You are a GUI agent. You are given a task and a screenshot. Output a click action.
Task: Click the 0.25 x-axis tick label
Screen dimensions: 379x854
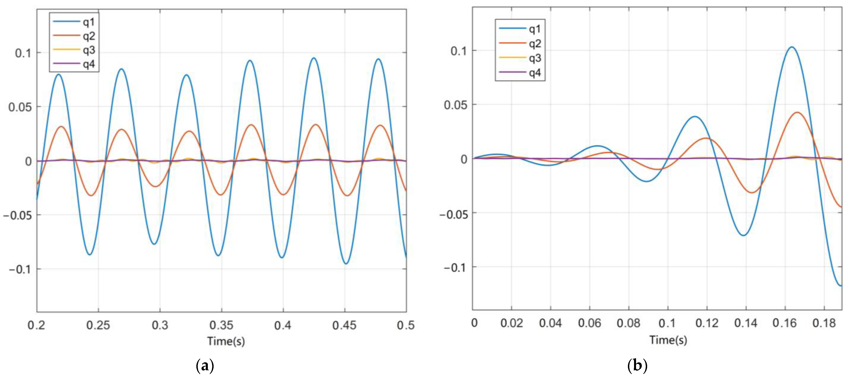(98, 325)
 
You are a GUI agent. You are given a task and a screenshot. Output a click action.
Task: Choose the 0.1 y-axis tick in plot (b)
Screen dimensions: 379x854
(459, 51)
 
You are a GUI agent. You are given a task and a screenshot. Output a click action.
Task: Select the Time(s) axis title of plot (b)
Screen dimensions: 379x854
(668, 340)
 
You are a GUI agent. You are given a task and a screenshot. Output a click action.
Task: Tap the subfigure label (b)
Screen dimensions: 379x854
(637, 366)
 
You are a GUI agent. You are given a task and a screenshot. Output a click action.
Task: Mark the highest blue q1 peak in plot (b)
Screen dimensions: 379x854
(792, 47)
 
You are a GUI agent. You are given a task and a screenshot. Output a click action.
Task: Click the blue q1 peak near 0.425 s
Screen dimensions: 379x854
(313, 58)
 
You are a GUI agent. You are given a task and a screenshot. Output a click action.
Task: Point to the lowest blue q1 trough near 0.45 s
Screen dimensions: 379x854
(346, 264)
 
